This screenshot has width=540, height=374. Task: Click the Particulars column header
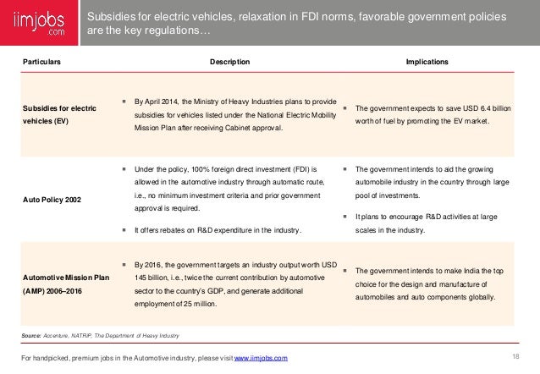click(41, 62)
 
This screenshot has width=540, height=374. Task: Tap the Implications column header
click(427, 62)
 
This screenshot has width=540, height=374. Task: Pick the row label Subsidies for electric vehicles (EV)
click(54, 114)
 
